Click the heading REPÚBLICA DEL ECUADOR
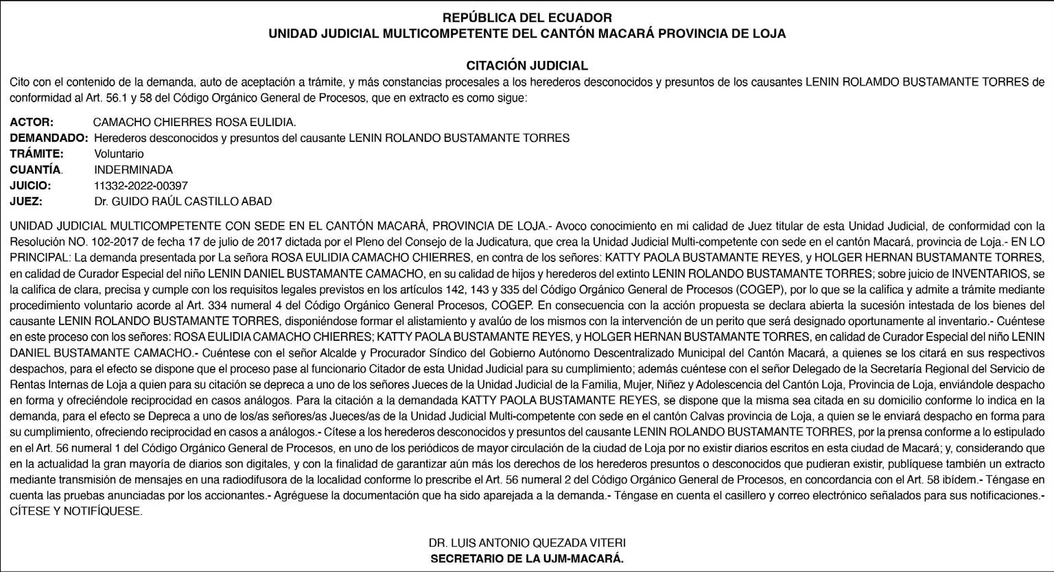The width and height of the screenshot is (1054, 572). click(527, 18)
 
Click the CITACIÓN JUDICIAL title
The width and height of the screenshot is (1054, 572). click(527, 66)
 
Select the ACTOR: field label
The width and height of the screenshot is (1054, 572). click(32, 122)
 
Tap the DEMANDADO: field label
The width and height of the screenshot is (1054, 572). click(49, 138)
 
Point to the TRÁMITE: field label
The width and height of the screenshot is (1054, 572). click(36, 154)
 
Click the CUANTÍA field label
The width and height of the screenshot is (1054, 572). click(36, 169)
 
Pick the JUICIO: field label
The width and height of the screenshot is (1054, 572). click(31, 185)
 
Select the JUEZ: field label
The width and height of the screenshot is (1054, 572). click(26, 201)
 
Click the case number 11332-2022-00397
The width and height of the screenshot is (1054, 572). click(141, 185)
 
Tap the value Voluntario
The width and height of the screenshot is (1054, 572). click(119, 154)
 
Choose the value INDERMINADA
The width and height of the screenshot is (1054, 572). click(133, 169)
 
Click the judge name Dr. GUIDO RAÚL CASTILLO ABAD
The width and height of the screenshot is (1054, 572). click(183, 201)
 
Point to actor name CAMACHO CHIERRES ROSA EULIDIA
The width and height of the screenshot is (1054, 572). click(194, 122)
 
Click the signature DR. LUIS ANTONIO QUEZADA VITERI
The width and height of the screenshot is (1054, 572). click(527, 543)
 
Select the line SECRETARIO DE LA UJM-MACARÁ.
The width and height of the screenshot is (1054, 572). click(527, 558)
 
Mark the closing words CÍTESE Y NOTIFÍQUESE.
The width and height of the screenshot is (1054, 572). click(75, 512)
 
